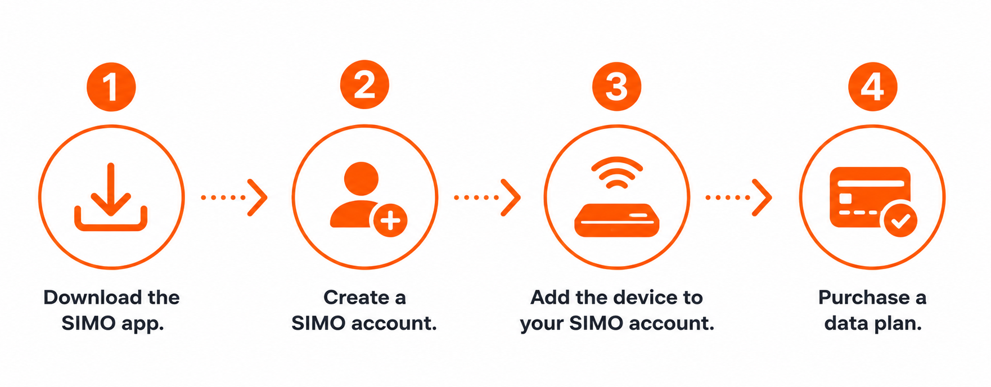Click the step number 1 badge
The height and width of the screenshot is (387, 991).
[111, 87]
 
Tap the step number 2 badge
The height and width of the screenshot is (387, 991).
[364, 85]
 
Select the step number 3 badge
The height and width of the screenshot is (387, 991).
[616, 87]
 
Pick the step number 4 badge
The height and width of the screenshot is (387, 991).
[872, 87]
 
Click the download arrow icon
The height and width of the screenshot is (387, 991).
[111, 190]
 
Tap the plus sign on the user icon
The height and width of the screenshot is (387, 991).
[390, 220]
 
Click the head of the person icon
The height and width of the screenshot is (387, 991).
[361, 179]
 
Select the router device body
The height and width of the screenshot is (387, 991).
[616, 220]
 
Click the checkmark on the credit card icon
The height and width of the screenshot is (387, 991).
[901, 220]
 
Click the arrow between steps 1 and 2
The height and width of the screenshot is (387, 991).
[234, 197]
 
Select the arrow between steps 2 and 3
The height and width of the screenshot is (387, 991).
[487, 197]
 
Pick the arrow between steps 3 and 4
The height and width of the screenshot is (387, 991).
[738, 197]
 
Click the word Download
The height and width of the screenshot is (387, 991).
[93, 298]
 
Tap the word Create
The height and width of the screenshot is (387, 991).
[356, 298]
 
